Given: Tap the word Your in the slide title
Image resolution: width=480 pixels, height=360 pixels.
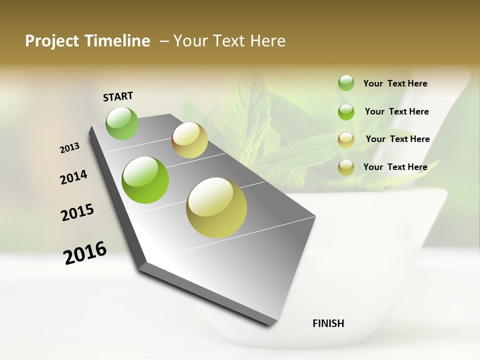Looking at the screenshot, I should click(x=190, y=41).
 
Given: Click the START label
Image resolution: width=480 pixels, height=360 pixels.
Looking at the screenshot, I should click(x=118, y=96).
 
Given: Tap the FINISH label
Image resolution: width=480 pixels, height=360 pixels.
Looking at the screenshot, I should click(x=328, y=323).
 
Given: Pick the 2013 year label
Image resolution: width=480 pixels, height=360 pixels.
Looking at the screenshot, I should click(x=70, y=148).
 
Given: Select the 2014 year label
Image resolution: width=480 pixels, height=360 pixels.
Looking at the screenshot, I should click(x=74, y=177).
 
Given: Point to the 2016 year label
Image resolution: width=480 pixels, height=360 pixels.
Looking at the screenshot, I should click(x=85, y=252).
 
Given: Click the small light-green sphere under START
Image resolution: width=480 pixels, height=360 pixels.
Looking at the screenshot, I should click(x=122, y=123).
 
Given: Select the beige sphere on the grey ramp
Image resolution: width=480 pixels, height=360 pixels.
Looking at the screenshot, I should click(x=189, y=140).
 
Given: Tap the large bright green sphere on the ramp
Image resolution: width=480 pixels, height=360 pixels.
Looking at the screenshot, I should click(x=145, y=180).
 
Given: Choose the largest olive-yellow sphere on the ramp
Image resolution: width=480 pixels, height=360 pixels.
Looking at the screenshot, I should click(x=216, y=207).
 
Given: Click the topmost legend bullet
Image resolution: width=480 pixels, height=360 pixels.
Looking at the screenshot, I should click(x=346, y=83).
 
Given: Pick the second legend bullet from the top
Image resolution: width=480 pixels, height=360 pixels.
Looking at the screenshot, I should click(x=346, y=112).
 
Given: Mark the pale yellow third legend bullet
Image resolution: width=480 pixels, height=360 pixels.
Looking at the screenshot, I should click(x=346, y=140).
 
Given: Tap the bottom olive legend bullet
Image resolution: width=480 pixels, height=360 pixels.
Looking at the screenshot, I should click(x=346, y=168).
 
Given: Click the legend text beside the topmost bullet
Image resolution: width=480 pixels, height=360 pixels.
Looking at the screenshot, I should click(x=395, y=84).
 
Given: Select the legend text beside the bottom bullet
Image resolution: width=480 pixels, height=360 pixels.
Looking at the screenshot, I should click(x=395, y=167).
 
